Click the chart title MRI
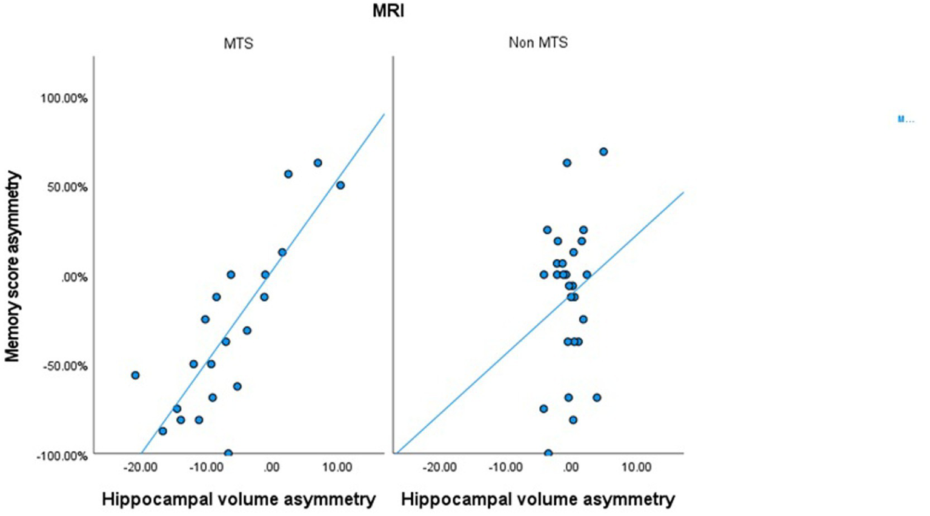click(388, 11)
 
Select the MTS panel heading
click(238, 44)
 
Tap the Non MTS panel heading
click(538, 43)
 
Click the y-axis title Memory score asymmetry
click(13, 266)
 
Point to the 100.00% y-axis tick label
click(64, 98)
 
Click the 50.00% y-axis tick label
click(67, 187)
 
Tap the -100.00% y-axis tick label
click(63, 455)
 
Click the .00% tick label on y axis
click(74, 277)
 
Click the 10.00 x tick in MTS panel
click(337, 468)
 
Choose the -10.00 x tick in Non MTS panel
click(505, 468)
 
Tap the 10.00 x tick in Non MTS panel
click(636, 468)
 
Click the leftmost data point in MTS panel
click(135, 375)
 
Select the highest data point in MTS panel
click(317, 163)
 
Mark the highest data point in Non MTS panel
click(603, 152)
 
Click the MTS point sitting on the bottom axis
click(228, 453)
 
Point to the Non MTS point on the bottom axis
click(548, 453)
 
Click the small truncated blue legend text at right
click(906, 119)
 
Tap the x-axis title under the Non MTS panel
click(538, 500)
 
